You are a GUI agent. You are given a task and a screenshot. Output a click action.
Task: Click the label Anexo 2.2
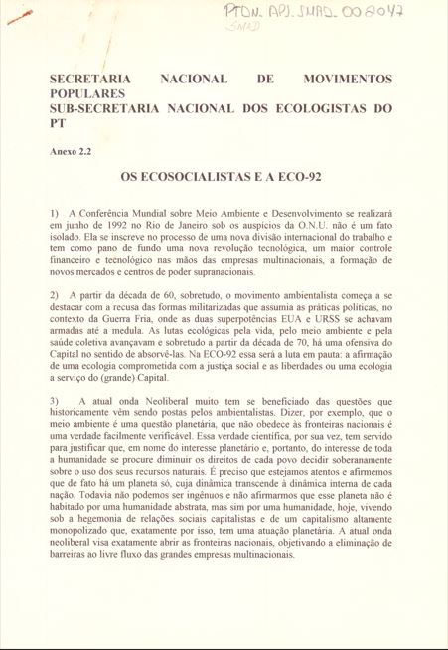click(x=71, y=152)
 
